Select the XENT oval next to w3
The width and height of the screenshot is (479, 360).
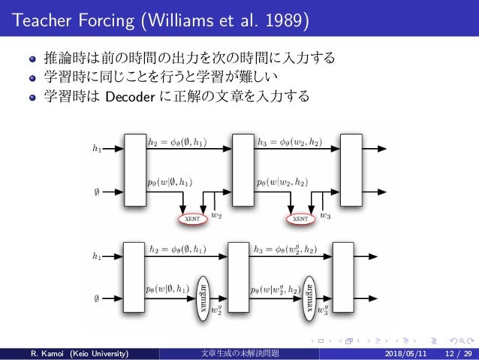[x=300, y=219]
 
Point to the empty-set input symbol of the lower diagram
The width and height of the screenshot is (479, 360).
[x=96, y=298]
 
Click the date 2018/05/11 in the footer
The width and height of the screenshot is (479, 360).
[x=408, y=352]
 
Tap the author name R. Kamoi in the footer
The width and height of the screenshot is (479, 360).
[x=46, y=352]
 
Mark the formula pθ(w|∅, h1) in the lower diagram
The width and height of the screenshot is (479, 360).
[x=170, y=288]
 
